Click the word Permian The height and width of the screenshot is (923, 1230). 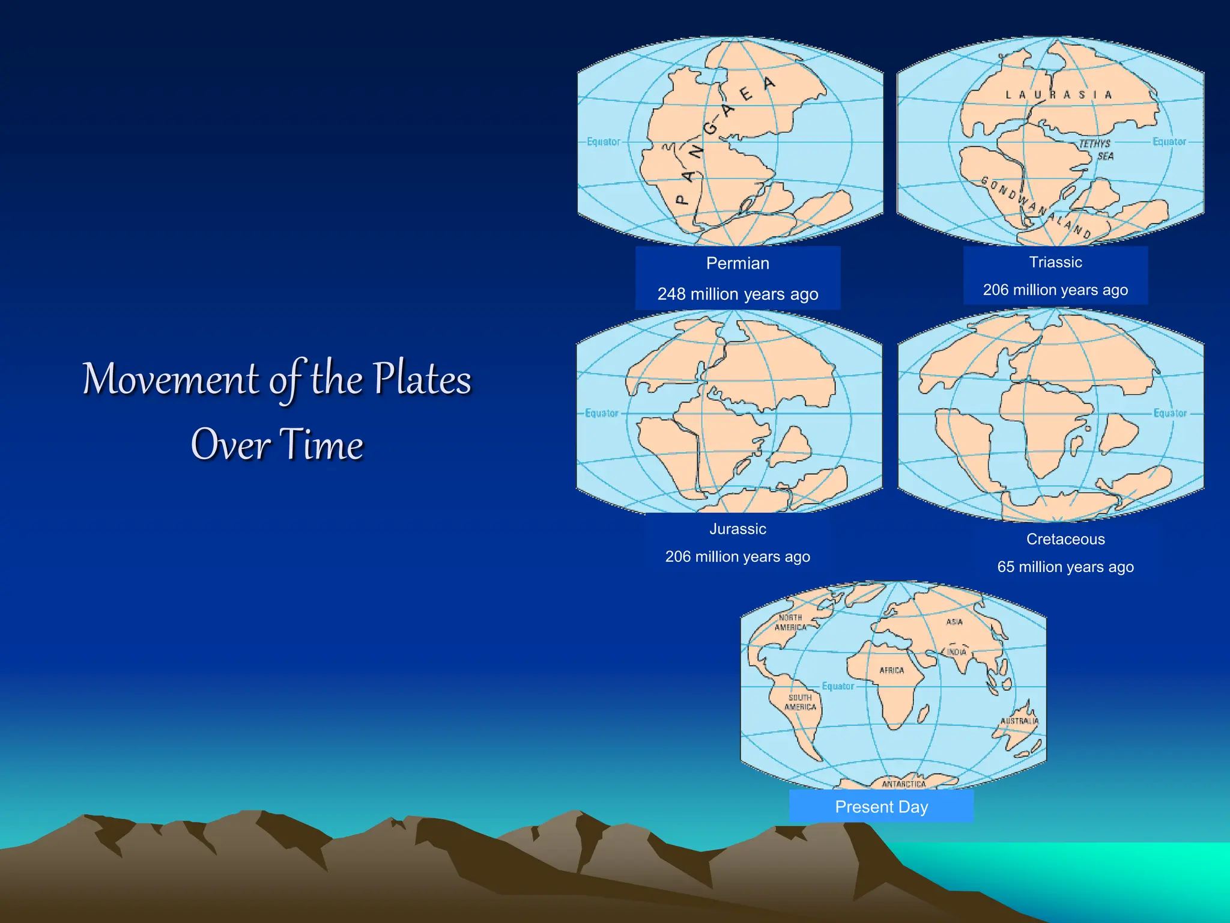point(738,263)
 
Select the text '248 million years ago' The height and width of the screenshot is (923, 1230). point(738,294)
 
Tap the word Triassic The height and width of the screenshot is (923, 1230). point(1055,262)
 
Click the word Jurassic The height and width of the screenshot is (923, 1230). point(738,529)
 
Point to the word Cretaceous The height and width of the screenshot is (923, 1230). point(1065,539)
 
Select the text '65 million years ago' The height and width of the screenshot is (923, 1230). point(1065,567)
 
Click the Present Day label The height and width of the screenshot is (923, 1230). point(881,806)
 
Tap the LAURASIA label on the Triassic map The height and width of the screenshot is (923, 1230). point(1058,95)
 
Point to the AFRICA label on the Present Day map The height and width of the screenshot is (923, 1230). point(891,670)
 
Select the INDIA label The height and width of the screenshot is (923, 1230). point(957,652)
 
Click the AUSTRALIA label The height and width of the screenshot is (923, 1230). point(1019,720)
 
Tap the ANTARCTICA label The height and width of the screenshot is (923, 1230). point(903,784)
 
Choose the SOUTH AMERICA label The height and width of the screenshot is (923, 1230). point(800,702)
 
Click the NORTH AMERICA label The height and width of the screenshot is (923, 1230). point(790,622)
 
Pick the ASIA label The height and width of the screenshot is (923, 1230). point(954,622)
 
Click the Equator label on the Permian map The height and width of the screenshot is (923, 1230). point(603,142)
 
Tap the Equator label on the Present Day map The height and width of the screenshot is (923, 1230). point(838,686)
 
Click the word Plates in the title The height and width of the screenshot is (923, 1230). point(422,379)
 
